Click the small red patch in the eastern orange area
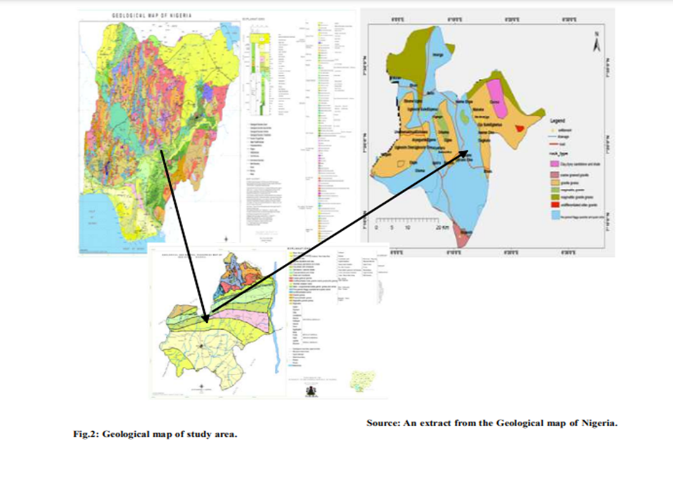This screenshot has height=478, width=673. click(521, 127)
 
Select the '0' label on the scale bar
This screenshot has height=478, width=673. click(376, 228)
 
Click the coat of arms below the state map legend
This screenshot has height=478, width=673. click(310, 390)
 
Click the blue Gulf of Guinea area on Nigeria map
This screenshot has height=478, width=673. click(93, 218)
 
